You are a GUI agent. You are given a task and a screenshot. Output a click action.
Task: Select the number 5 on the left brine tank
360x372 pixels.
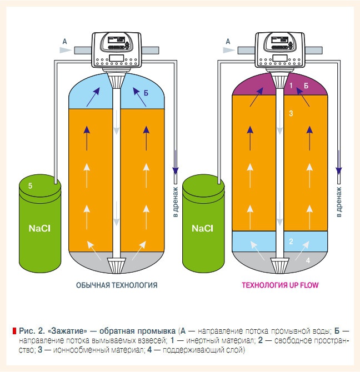pyautogui.click(x=31, y=187)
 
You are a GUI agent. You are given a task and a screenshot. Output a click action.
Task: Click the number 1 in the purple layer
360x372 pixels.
pyautogui.click(x=291, y=86)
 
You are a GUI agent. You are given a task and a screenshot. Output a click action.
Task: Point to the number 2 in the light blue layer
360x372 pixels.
pyautogui.click(x=291, y=242)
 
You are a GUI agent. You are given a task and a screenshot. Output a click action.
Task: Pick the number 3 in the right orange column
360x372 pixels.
pyautogui.click(x=291, y=113)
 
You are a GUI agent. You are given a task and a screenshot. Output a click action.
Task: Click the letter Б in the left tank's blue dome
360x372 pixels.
pyautogui.click(x=146, y=94)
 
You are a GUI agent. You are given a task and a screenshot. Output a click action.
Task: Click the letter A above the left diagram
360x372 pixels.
pyautogui.click(x=66, y=41)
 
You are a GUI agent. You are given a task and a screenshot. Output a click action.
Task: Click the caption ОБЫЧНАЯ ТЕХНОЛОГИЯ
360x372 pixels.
pyautogui.click(x=117, y=285)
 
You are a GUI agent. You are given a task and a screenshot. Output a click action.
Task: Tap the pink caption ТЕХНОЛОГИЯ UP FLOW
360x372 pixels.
pyautogui.click(x=280, y=285)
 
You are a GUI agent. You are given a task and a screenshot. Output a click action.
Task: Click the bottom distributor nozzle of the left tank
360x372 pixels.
pyautogui.click(x=116, y=265)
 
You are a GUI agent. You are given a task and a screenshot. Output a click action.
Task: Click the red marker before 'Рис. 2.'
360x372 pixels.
pyautogui.click(x=14, y=331)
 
